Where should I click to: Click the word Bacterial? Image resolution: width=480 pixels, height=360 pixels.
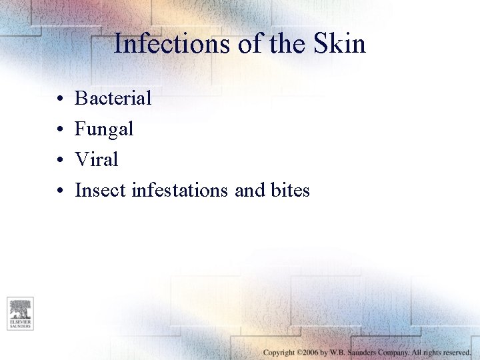point(113,99)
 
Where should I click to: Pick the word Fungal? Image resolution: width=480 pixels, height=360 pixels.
point(104,129)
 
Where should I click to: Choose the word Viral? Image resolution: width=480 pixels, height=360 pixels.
point(96,160)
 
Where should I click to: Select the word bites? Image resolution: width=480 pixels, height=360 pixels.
point(290,191)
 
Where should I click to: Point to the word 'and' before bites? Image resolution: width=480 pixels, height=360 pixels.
point(250,191)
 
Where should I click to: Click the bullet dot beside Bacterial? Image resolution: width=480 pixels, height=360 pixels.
point(59,99)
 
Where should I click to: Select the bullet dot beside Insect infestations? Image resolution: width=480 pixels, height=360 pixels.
point(59,191)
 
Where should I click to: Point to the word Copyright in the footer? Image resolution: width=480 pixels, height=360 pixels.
point(279,352)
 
